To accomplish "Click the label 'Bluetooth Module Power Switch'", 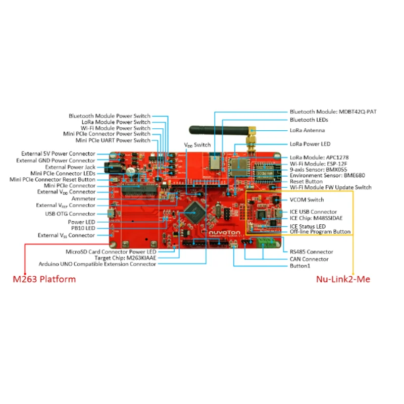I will (109, 116).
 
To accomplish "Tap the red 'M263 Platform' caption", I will (44, 279).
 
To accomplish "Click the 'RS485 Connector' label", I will (311, 251).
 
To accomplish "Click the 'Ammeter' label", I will (83, 198).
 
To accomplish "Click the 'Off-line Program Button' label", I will (320, 232).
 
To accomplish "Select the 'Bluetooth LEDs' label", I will (309, 120).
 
